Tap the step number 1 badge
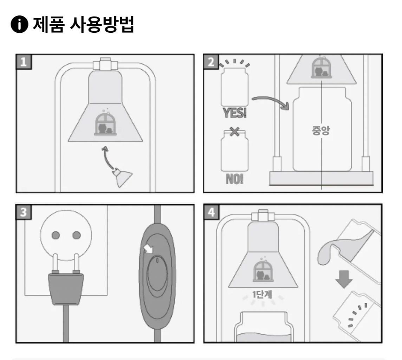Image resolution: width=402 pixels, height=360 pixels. click(x=24, y=62)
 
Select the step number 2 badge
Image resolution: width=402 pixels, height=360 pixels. click(x=211, y=62)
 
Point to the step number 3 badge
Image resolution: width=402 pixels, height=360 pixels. click(x=24, y=212)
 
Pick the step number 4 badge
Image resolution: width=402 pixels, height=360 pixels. click(x=211, y=212)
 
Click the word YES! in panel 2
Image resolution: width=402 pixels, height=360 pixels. click(x=234, y=113)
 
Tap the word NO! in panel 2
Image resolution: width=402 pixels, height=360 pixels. click(x=234, y=179)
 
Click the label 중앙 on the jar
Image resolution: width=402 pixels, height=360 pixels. click(x=321, y=131)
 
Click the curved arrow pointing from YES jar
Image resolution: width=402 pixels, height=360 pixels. click(x=271, y=101)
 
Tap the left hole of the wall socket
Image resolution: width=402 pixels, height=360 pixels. click(x=56, y=235)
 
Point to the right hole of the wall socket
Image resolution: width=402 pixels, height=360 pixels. click(x=76, y=235)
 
